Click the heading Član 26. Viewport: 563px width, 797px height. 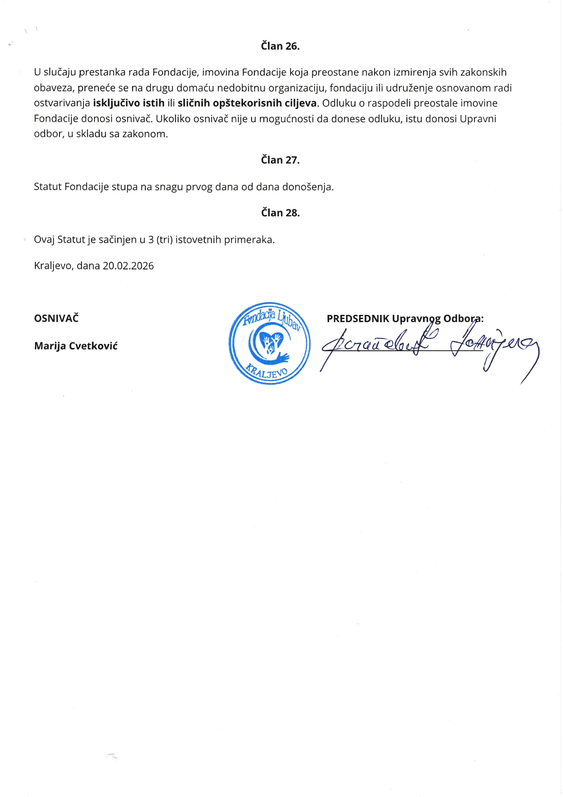tap(280, 46)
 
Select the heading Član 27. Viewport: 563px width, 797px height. tap(280, 160)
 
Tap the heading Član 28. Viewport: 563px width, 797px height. tap(280, 213)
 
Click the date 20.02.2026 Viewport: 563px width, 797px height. tap(128, 266)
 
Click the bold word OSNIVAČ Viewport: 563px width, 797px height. tap(56, 318)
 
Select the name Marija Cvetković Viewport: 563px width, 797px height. tap(76, 346)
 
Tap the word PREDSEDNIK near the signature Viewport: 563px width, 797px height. tap(358, 319)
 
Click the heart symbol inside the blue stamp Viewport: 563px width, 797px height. tap(272, 342)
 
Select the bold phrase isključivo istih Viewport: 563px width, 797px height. tap(128, 103)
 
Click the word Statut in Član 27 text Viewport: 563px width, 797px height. tap(48, 187)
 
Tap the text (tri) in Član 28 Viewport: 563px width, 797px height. tap(164, 239)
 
